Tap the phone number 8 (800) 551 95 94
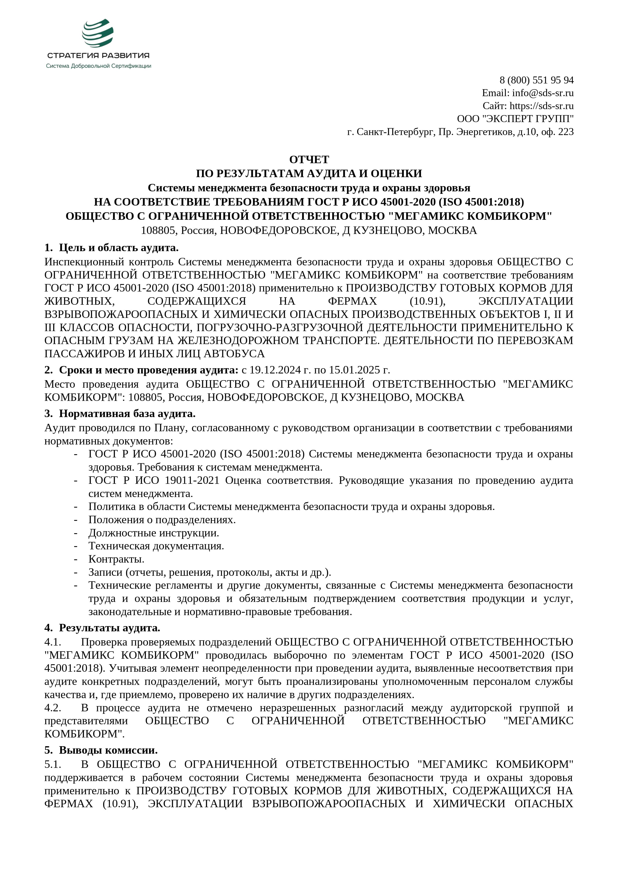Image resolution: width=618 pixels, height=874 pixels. point(536,80)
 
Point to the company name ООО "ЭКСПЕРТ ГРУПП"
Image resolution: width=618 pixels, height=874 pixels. point(515,119)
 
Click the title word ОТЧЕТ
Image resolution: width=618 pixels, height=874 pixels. point(309,159)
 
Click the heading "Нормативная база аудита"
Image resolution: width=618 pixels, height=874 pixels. point(127,413)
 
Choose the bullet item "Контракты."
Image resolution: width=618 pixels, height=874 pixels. point(116,559)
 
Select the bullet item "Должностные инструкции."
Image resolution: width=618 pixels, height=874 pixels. point(154,533)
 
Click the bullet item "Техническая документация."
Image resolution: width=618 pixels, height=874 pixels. point(156,546)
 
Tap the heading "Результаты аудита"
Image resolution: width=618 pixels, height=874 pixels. point(110,628)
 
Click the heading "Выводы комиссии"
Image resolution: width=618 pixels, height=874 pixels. point(108,750)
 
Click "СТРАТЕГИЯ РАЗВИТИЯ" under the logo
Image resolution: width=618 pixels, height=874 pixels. point(98,56)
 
